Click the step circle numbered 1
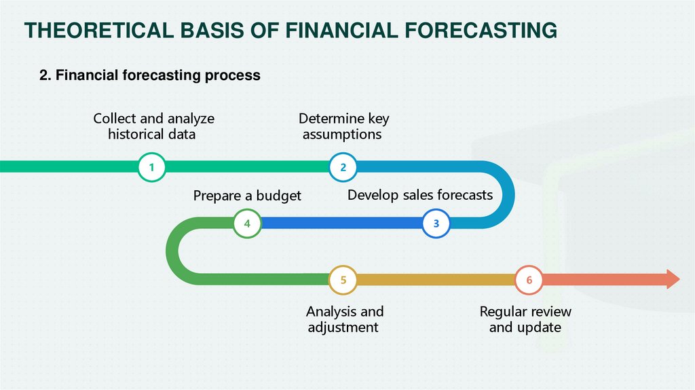tap(152, 167)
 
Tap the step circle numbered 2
tap(343, 167)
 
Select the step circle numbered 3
tap(436, 223)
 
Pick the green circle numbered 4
tap(247, 223)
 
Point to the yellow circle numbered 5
tap(343, 279)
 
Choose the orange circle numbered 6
tap(529, 279)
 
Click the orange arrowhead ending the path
tap(673, 279)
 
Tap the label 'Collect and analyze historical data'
tap(153, 126)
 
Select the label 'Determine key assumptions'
tap(343, 126)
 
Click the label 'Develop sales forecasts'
tap(420, 195)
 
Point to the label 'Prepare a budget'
tap(247, 196)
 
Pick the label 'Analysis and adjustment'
tap(344, 319)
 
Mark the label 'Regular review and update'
tap(525, 319)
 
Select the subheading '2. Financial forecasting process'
tap(150, 75)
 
